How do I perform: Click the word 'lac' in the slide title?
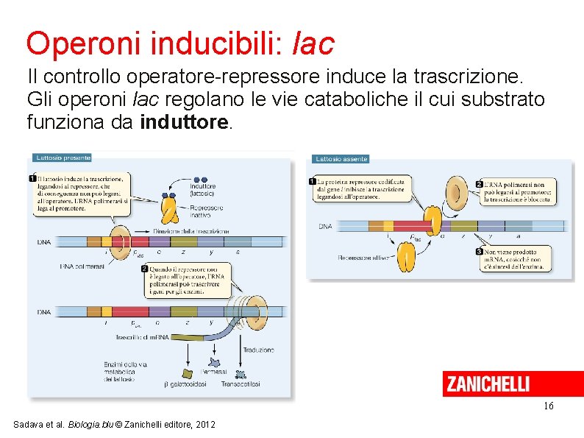pos(313,43)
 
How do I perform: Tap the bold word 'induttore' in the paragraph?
pos(185,123)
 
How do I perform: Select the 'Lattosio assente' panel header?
pos(341,159)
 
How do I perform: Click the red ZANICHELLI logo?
pos(487,384)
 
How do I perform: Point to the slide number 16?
pos(548,406)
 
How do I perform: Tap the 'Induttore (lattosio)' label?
pos(203,190)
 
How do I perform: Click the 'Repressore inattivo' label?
pos(207,212)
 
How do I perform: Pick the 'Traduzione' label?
pos(258,350)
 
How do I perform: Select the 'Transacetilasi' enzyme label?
pos(241,384)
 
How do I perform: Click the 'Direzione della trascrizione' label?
pos(191,231)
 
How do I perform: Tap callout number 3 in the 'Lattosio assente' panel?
pos(480,252)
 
